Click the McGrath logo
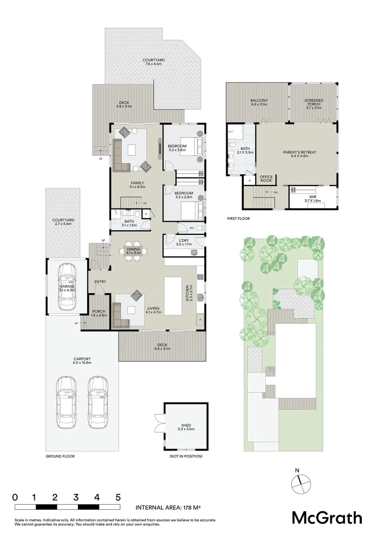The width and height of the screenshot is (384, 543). (x=327, y=517)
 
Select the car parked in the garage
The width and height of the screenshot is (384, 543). (x=66, y=287)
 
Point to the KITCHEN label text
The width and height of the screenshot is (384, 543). (x=187, y=293)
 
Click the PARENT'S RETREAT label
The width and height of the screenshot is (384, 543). (x=296, y=154)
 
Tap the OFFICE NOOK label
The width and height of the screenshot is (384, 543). (x=265, y=178)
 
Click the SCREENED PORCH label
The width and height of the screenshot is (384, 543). (x=314, y=103)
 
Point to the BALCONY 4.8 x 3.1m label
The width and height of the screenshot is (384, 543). (x=259, y=103)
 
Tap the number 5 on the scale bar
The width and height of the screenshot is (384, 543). (x=118, y=497)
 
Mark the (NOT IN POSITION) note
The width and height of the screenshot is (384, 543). (x=186, y=456)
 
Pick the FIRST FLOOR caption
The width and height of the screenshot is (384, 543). (x=238, y=219)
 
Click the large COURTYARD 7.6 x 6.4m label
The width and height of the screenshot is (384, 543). (x=154, y=62)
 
